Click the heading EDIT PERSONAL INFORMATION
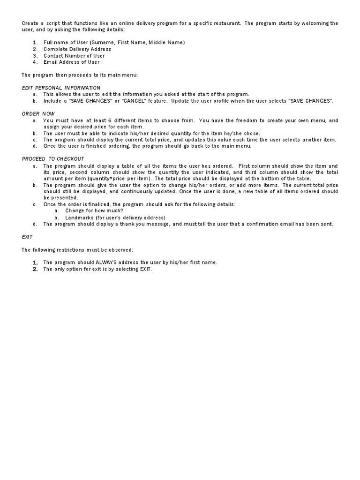[61, 88]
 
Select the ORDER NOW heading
[38, 114]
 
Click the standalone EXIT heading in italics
[27, 237]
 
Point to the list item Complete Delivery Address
[77, 49]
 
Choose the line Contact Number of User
[74, 56]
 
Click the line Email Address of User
[71, 62]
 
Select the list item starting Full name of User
[114, 43]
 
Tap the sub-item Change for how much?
[94, 211]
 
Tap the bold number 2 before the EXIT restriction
[35, 269]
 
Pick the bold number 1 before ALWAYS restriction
[35, 262]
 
